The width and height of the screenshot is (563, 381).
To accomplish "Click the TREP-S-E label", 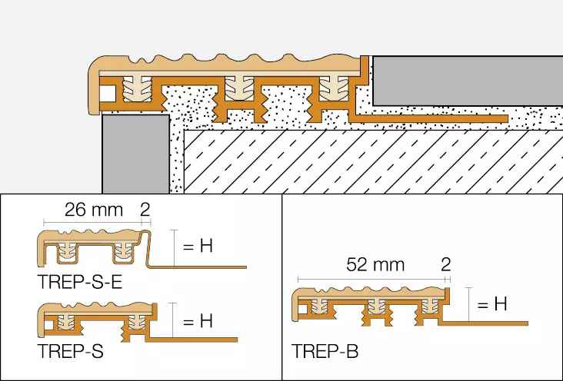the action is [x=80, y=282].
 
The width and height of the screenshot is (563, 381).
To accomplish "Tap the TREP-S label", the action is [x=71, y=351].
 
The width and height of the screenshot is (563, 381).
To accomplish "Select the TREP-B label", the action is [x=325, y=351].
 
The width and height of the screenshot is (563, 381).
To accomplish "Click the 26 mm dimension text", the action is [x=94, y=210].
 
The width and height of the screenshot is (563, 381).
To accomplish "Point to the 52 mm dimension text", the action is [x=375, y=265].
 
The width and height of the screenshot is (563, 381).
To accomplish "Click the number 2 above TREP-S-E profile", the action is [x=145, y=210].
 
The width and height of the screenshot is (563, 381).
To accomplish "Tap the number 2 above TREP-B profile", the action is [x=445, y=265].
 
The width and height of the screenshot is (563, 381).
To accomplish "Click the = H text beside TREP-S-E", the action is [x=198, y=246].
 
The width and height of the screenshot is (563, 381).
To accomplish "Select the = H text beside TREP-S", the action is [x=198, y=320].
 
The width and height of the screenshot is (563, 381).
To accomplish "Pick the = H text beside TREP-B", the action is [x=492, y=304].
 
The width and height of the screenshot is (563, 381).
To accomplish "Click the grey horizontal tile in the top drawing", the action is [x=468, y=81].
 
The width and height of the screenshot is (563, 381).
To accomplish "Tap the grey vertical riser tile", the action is [x=135, y=154].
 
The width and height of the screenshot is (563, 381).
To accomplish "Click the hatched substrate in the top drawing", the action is [x=374, y=162].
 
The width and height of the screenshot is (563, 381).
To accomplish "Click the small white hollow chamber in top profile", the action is [x=108, y=94].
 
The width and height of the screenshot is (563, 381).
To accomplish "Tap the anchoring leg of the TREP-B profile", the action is [x=483, y=323].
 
